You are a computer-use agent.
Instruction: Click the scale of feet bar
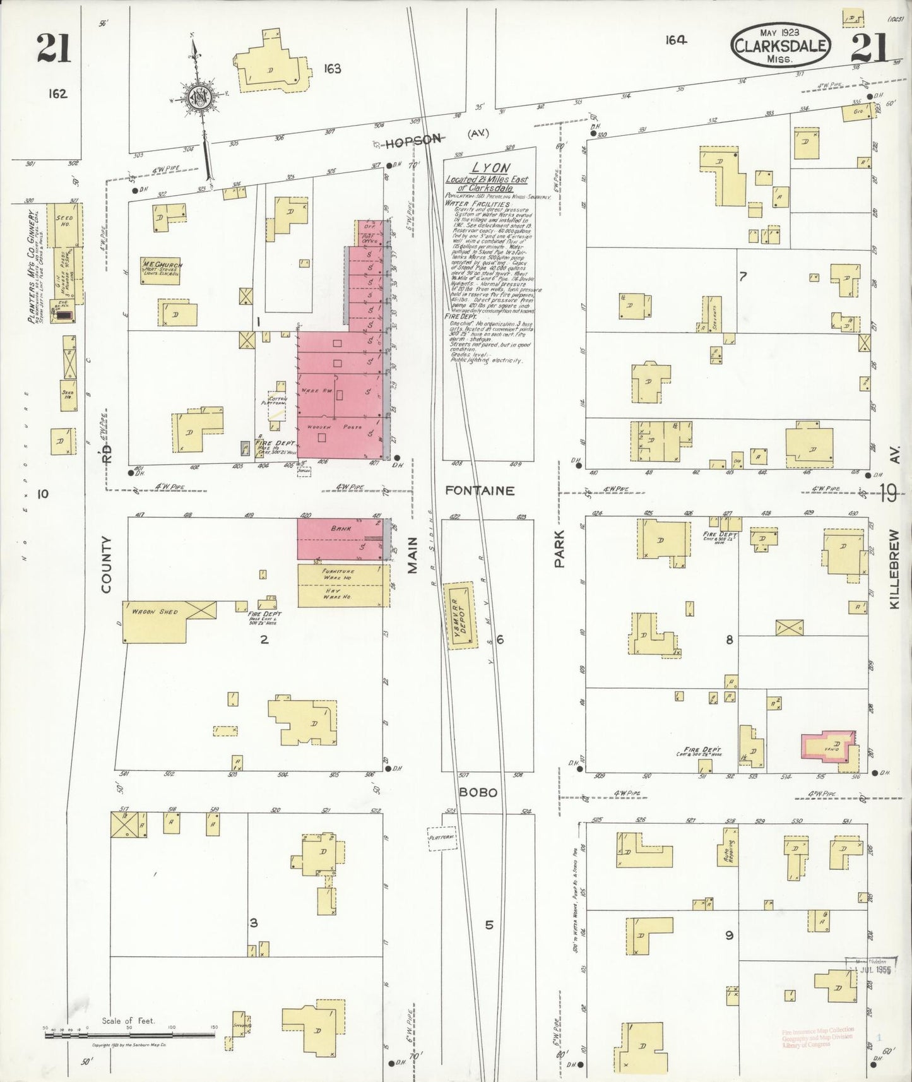129,1036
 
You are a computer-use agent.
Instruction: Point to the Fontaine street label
480,490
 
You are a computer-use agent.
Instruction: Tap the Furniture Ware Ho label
338,574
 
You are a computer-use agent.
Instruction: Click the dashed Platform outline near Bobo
442,839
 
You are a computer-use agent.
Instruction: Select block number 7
743,276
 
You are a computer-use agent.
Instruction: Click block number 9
729,936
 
